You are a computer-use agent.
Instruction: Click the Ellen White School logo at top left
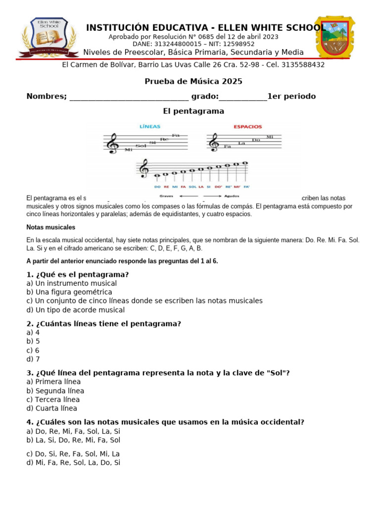48,38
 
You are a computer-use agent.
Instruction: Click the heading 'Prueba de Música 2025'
193,81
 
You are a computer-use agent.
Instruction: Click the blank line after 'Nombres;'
129,97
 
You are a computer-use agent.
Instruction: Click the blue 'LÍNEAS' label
150,126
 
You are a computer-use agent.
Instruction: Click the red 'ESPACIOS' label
248,126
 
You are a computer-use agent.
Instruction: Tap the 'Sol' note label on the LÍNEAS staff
141,146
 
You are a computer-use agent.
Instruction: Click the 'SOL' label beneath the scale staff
192,187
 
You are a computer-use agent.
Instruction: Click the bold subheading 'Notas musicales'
50,227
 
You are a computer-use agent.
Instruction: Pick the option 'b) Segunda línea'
55,391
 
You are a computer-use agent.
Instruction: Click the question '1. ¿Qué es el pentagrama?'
77,274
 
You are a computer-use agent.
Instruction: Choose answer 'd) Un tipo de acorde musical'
75,310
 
